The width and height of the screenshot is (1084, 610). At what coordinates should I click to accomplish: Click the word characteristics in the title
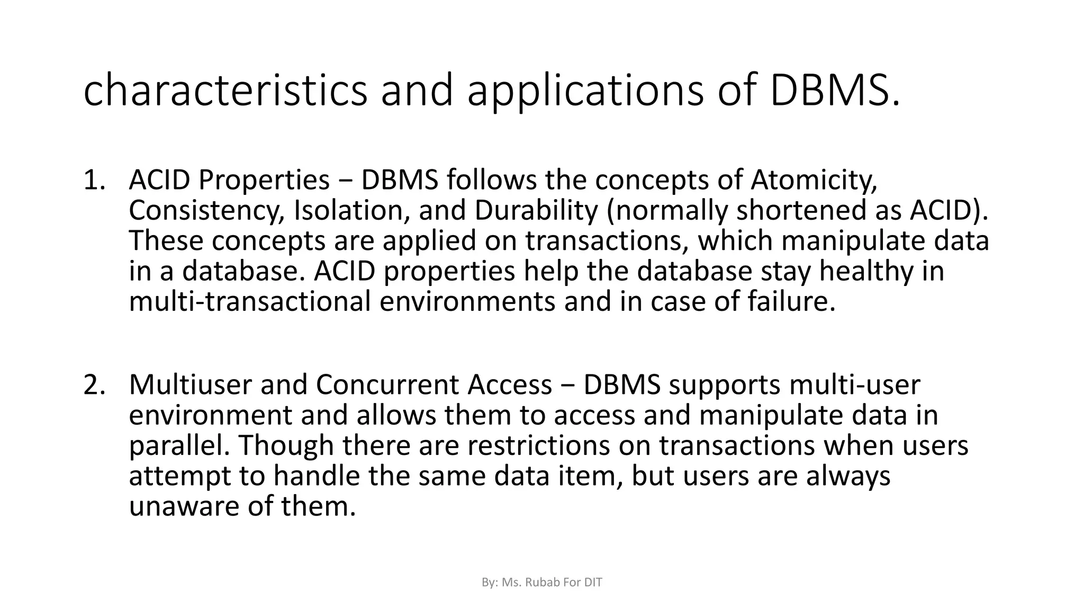[x=225, y=91]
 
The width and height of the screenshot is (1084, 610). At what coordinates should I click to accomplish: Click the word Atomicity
[x=814, y=180]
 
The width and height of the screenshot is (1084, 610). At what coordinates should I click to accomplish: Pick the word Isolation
[x=351, y=211]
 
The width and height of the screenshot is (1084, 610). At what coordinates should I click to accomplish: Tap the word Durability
[x=536, y=211]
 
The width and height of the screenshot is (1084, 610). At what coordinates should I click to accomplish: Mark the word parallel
[x=178, y=445]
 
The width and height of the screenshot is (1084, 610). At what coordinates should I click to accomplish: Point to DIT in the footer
[x=593, y=582]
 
